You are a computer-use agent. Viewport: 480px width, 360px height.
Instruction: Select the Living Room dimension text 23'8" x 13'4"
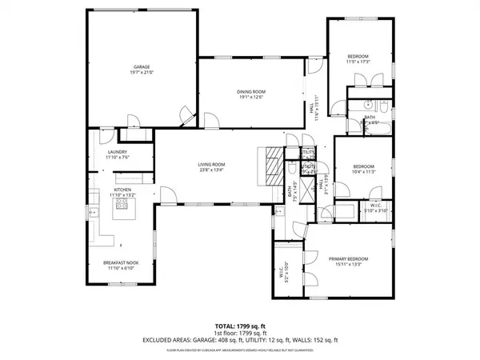pyautogui.click(x=211, y=170)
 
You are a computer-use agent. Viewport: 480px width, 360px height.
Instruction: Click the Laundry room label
pyautogui.click(x=118, y=154)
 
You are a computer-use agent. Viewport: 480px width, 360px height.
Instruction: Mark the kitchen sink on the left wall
pyautogui.click(x=94, y=213)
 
